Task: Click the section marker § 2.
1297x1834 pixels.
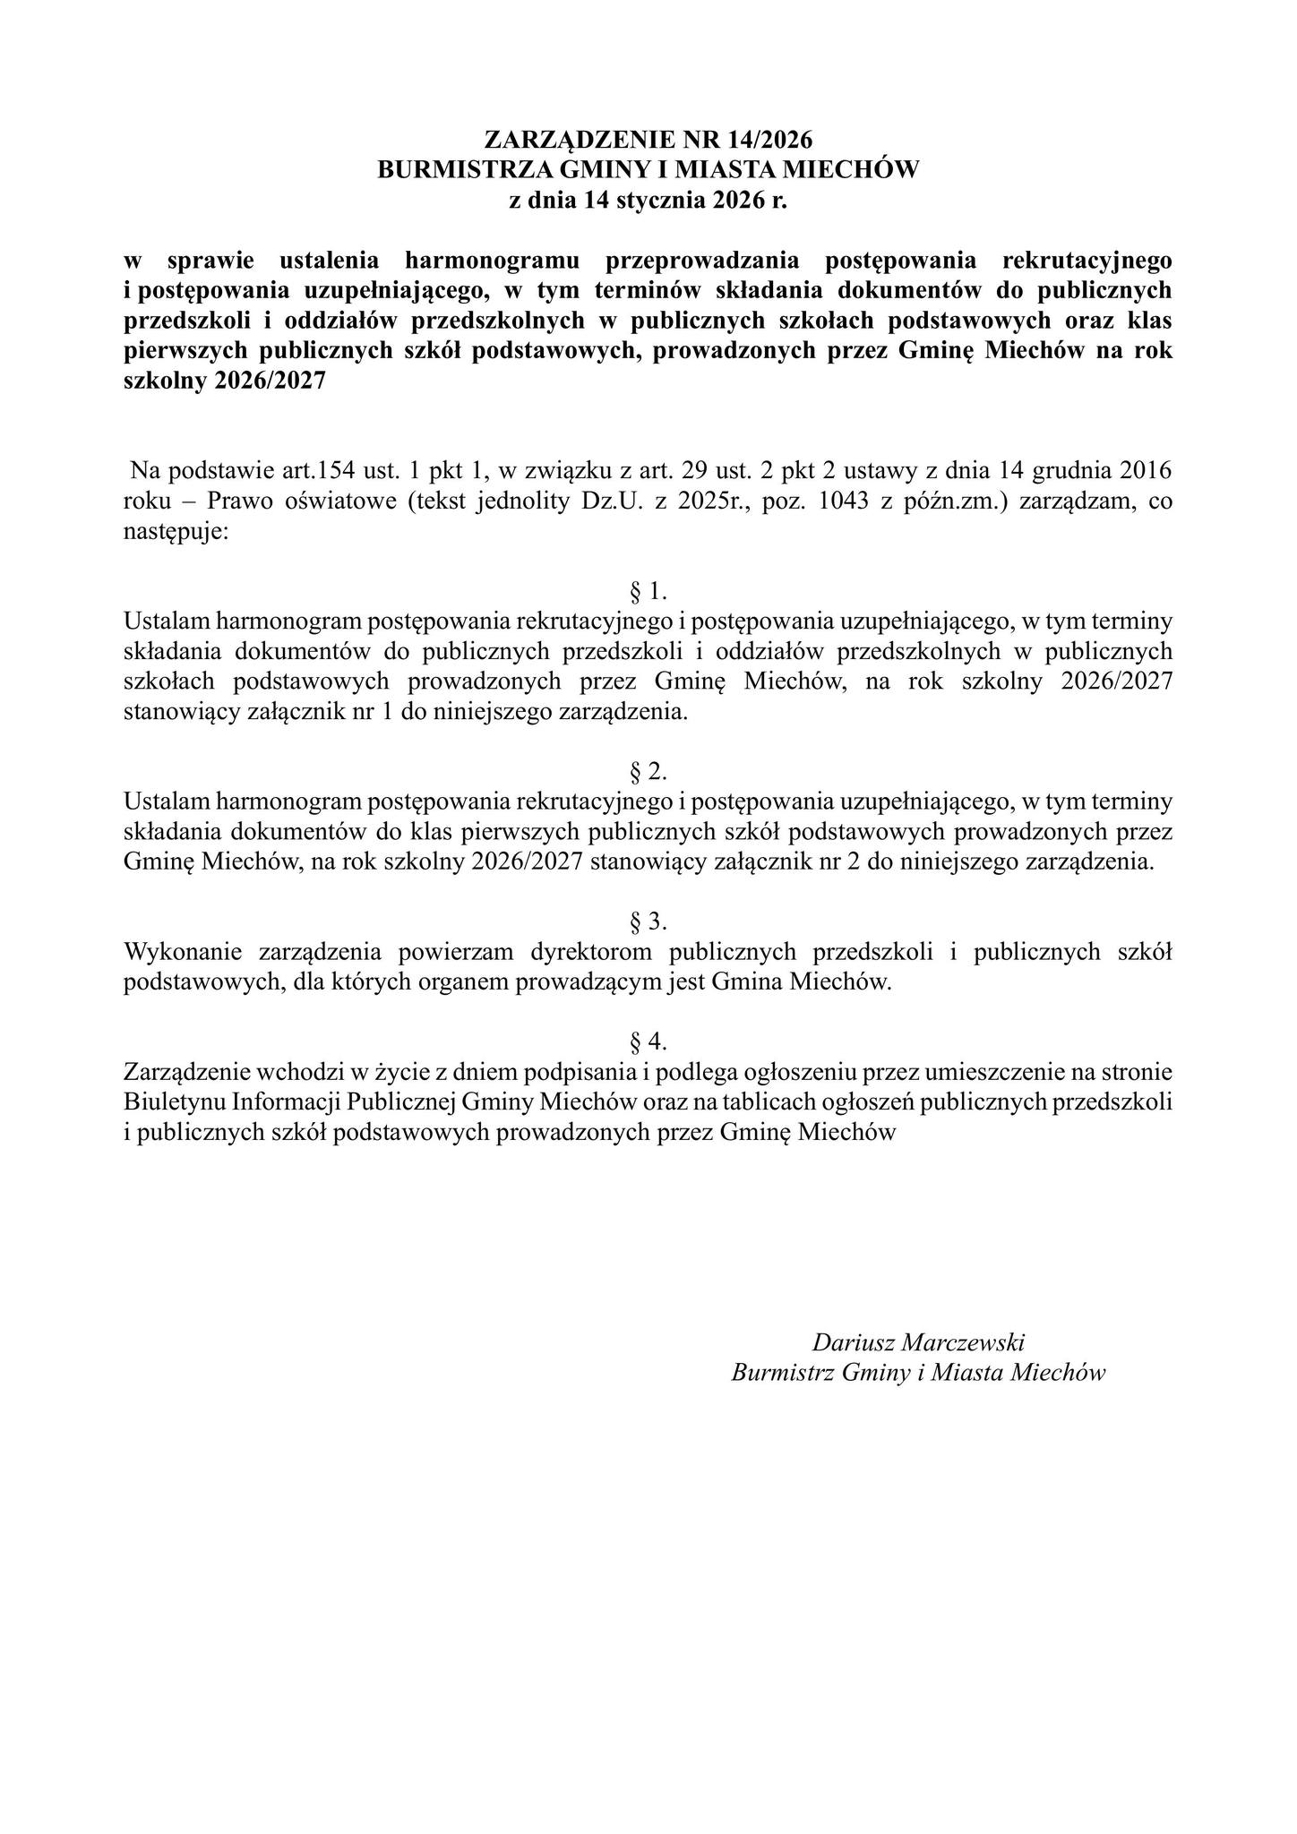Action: tap(648, 771)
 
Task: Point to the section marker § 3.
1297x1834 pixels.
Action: tap(648, 921)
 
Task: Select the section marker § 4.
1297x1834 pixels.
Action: tap(648, 1041)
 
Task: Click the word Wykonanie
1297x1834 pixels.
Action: tap(184, 951)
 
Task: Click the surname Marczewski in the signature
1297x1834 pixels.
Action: tap(964, 1342)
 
